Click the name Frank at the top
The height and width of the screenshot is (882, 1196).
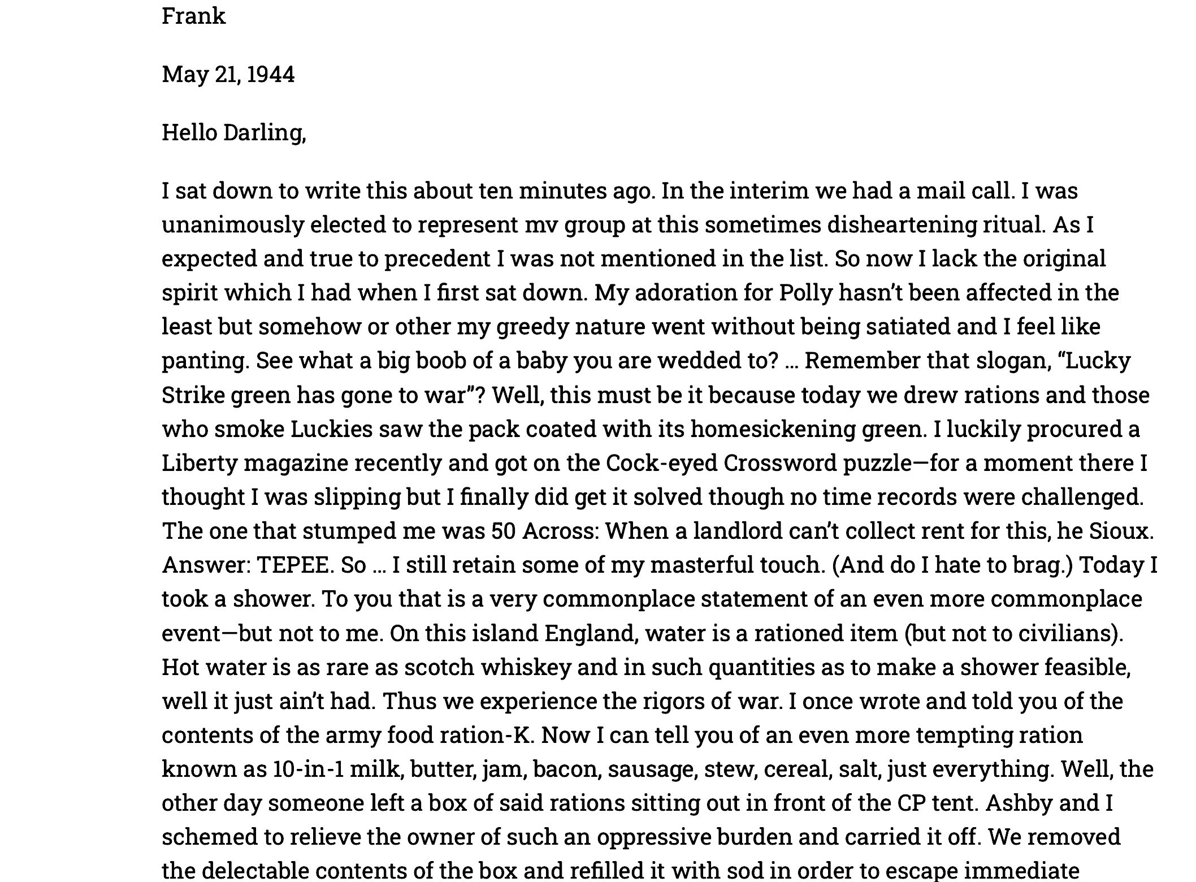[x=193, y=16]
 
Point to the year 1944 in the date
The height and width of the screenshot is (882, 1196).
[x=270, y=75]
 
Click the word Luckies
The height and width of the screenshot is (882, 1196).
[x=332, y=429]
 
